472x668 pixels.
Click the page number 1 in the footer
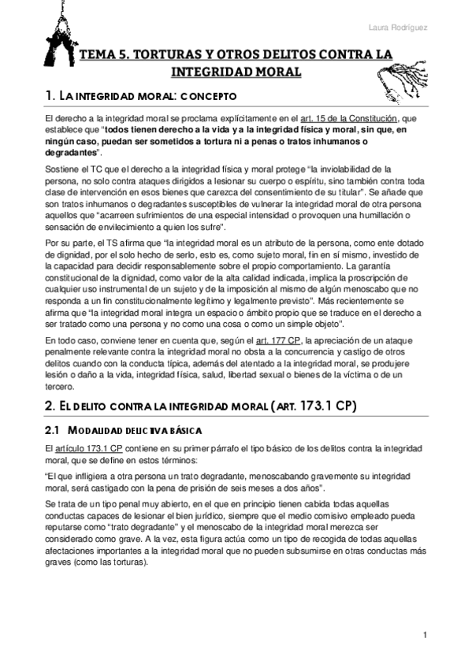coord(425,635)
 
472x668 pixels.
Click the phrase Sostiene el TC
coord(73,169)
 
